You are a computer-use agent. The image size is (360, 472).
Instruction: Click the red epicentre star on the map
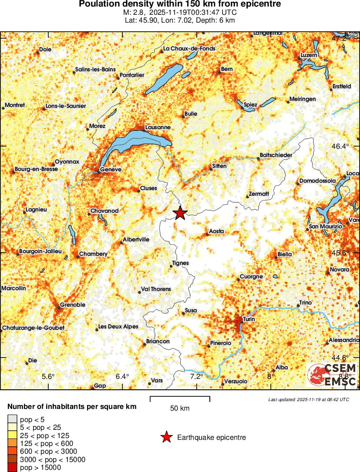pyautogui.click(x=180, y=213)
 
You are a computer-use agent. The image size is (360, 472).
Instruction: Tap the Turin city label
pyautogui.click(x=249, y=319)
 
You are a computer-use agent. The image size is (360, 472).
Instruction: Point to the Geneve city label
pyautogui.click(x=111, y=170)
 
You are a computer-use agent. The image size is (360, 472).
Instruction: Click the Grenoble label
pyautogui.click(x=73, y=305)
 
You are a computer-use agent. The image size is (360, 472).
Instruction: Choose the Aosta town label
pyautogui.click(x=217, y=231)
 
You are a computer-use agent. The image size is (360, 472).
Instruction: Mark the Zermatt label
pyautogui.click(x=259, y=194)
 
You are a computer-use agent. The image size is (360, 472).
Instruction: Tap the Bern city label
pyautogui.click(x=227, y=69)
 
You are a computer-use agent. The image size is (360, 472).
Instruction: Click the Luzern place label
pyautogui.click(x=309, y=56)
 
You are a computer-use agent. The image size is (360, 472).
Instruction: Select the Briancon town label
pyautogui.click(x=158, y=341)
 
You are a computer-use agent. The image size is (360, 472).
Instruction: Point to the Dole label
pyautogui.click(x=45, y=50)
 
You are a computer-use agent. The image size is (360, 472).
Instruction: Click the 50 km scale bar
pyautogui.click(x=180, y=398)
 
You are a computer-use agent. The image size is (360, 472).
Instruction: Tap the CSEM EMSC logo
pyautogui.click(x=332, y=375)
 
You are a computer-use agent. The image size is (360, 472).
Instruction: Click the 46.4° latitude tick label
pyautogui.click(x=340, y=146)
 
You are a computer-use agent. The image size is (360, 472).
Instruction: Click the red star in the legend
pyautogui.click(x=166, y=438)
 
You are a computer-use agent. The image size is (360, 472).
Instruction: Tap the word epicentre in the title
pyautogui.click(x=260, y=4)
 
